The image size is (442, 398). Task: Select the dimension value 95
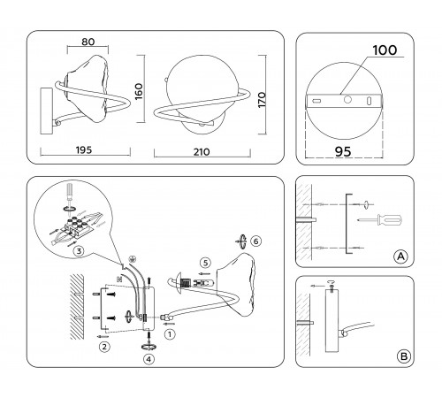pos(353,151)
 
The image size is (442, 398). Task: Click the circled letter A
pos(400,256)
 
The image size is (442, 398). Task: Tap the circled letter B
pos(403,357)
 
